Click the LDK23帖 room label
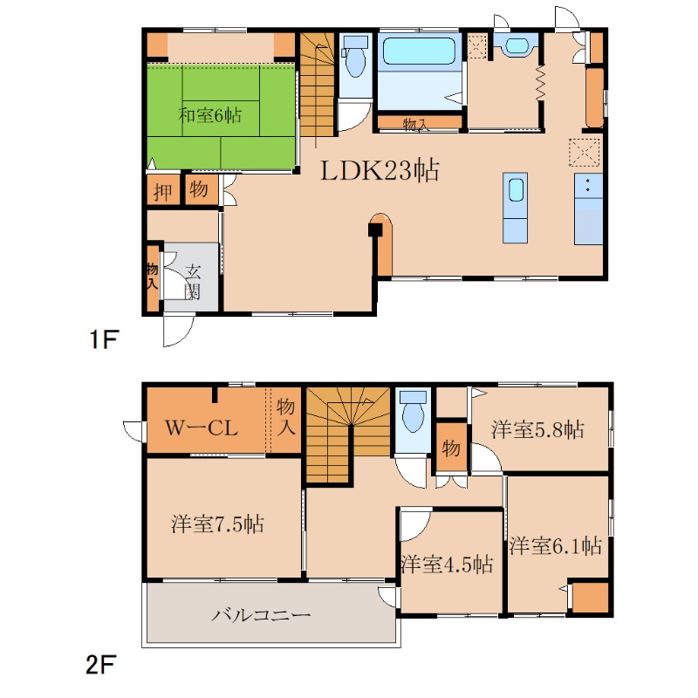click(x=380, y=170)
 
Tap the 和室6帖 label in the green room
click(x=209, y=115)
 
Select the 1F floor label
click(x=104, y=339)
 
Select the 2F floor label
click(x=100, y=665)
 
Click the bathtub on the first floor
click(x=419, y=52)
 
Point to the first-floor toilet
click(x=355, y=57)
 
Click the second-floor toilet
click(x=413, y=411)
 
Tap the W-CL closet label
click(x=202, y=428)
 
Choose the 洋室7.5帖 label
click(x=217, y=523)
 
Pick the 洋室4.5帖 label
click(x=447, y=564)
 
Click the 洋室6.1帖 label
click(x=555, y=545)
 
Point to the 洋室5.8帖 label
click(x=537, y=429)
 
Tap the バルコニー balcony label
click(x=260, y=615)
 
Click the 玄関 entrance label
click(x=193, y=281)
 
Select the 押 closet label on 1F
click(x=162, y=192)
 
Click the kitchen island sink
click(x=516, y=190)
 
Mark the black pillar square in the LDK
click(x=375, y=229)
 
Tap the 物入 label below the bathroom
click(x=416, y=124)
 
